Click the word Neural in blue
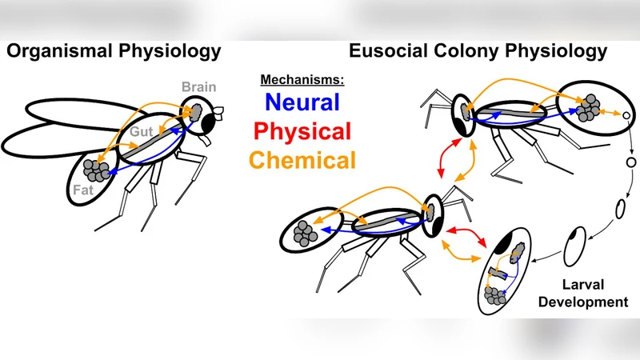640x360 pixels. point(302,102)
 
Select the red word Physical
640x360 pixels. point(302,130)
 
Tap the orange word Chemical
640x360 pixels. point(302,159)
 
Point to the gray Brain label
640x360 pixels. point(198,86)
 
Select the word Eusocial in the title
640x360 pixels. point(386,53)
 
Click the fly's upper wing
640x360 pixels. point(72,111)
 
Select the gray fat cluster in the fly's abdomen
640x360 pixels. point(100,169)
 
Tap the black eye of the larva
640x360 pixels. point(506,244)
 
